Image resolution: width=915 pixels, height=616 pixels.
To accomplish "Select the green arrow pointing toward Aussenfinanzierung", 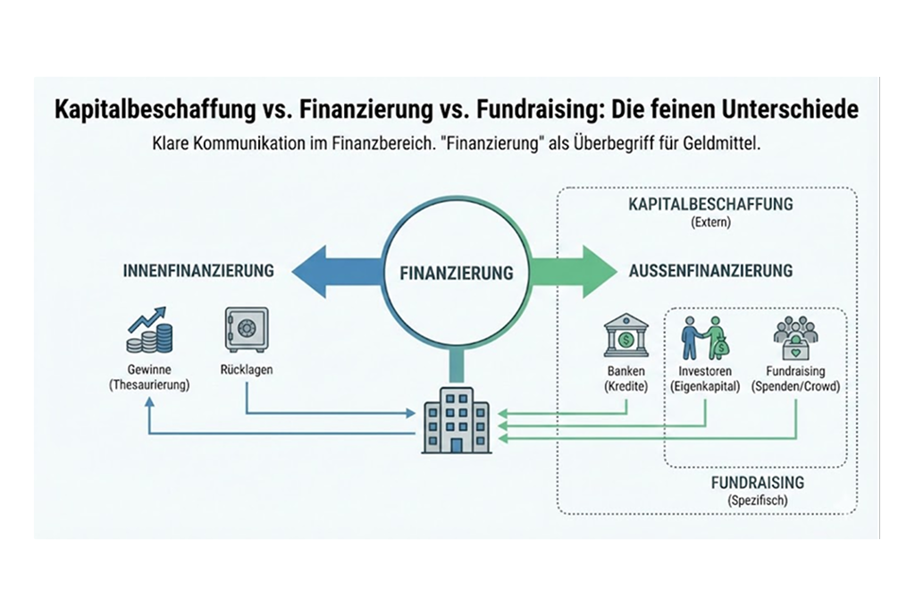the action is pos(572,271).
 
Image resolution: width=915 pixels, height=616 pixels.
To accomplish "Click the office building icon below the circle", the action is pos(457,418).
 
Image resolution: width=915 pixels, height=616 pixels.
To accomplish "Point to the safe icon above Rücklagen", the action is pos(246,331).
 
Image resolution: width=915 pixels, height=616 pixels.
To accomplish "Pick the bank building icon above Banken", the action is pos(625,336).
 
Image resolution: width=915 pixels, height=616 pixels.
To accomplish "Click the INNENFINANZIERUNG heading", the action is pos(197,271).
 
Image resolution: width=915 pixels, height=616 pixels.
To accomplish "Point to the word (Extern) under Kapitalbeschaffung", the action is pos(711,223).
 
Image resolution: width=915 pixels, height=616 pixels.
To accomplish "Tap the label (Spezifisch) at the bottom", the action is pos(757,501).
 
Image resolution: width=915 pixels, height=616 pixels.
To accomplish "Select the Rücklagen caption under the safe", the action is pos(245,369).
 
